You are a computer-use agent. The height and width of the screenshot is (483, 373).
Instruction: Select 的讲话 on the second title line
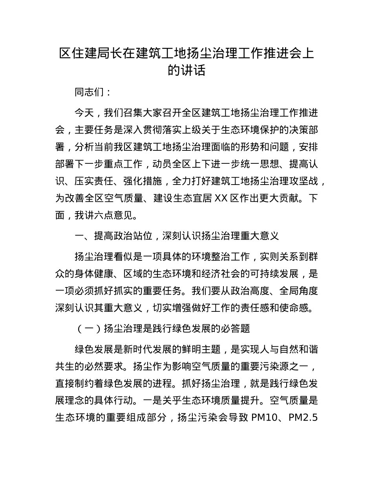pos(186,70)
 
